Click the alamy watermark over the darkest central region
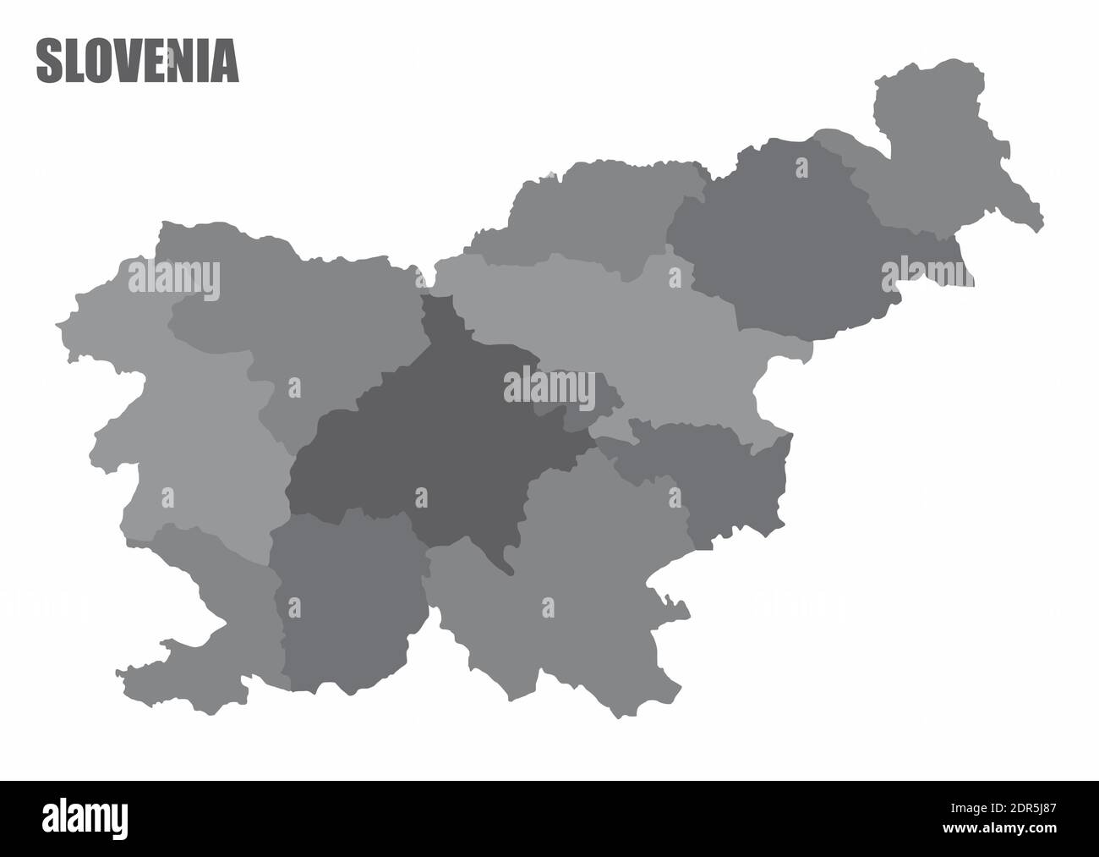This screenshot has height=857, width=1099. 549,387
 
